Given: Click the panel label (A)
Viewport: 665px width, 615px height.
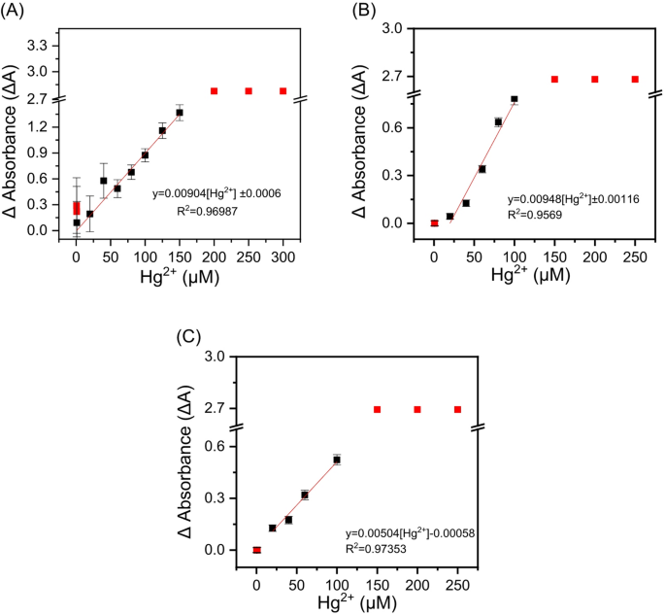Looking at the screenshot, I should pos(17,12).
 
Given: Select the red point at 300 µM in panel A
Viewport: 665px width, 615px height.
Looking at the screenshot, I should pos(283,90).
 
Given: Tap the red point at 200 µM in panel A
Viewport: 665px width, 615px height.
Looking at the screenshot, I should pos(214,90).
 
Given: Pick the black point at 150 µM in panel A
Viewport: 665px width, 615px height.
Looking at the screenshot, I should pos(180,113).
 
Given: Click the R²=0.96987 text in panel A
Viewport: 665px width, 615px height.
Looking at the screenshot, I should pos(193,210).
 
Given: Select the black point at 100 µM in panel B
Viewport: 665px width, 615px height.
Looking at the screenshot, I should pos(515,99).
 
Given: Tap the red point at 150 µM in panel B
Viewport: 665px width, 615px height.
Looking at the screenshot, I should pos(554,79).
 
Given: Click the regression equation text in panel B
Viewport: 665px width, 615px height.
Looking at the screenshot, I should pos(571,197).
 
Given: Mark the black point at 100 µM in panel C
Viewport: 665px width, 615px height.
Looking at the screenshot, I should pos(337,460).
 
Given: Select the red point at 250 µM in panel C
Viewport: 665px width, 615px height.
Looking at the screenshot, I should pos(457,409).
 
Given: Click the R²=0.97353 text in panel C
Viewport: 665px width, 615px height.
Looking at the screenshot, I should pos(381,548).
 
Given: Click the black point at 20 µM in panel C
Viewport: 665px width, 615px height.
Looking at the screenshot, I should pos(273,528).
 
